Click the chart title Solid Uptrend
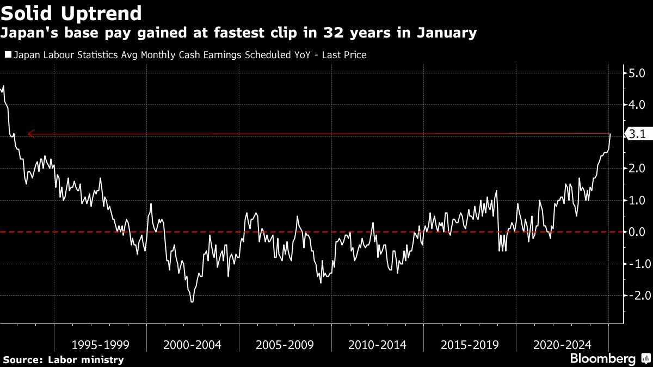click(72, 13)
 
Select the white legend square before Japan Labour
click(8, 55)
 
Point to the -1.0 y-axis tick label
click(636, 264)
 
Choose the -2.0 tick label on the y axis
click(636, 296)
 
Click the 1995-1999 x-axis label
click(100, 345)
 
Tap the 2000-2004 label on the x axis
click(193, 345)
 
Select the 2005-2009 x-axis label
click(285, 345)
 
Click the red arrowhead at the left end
click(31, 133)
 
